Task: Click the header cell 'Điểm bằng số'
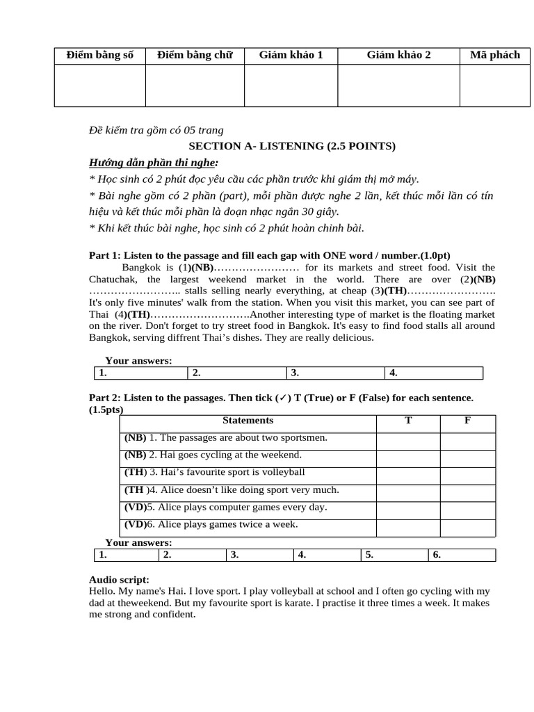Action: click(99, 55)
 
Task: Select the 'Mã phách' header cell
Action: click(494, 55)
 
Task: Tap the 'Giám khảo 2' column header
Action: click(398, 55)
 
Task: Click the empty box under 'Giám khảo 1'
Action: click(291, 86)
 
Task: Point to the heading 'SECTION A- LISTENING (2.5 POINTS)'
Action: click(292, 146)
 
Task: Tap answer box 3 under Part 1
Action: click(334, 373)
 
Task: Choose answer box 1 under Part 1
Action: click(140, 373)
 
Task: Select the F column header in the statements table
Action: click(467, 421)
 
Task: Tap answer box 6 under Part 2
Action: click(462, 555)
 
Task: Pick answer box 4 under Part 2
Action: click(327, 555)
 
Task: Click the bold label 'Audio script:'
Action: click(119, 579)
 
